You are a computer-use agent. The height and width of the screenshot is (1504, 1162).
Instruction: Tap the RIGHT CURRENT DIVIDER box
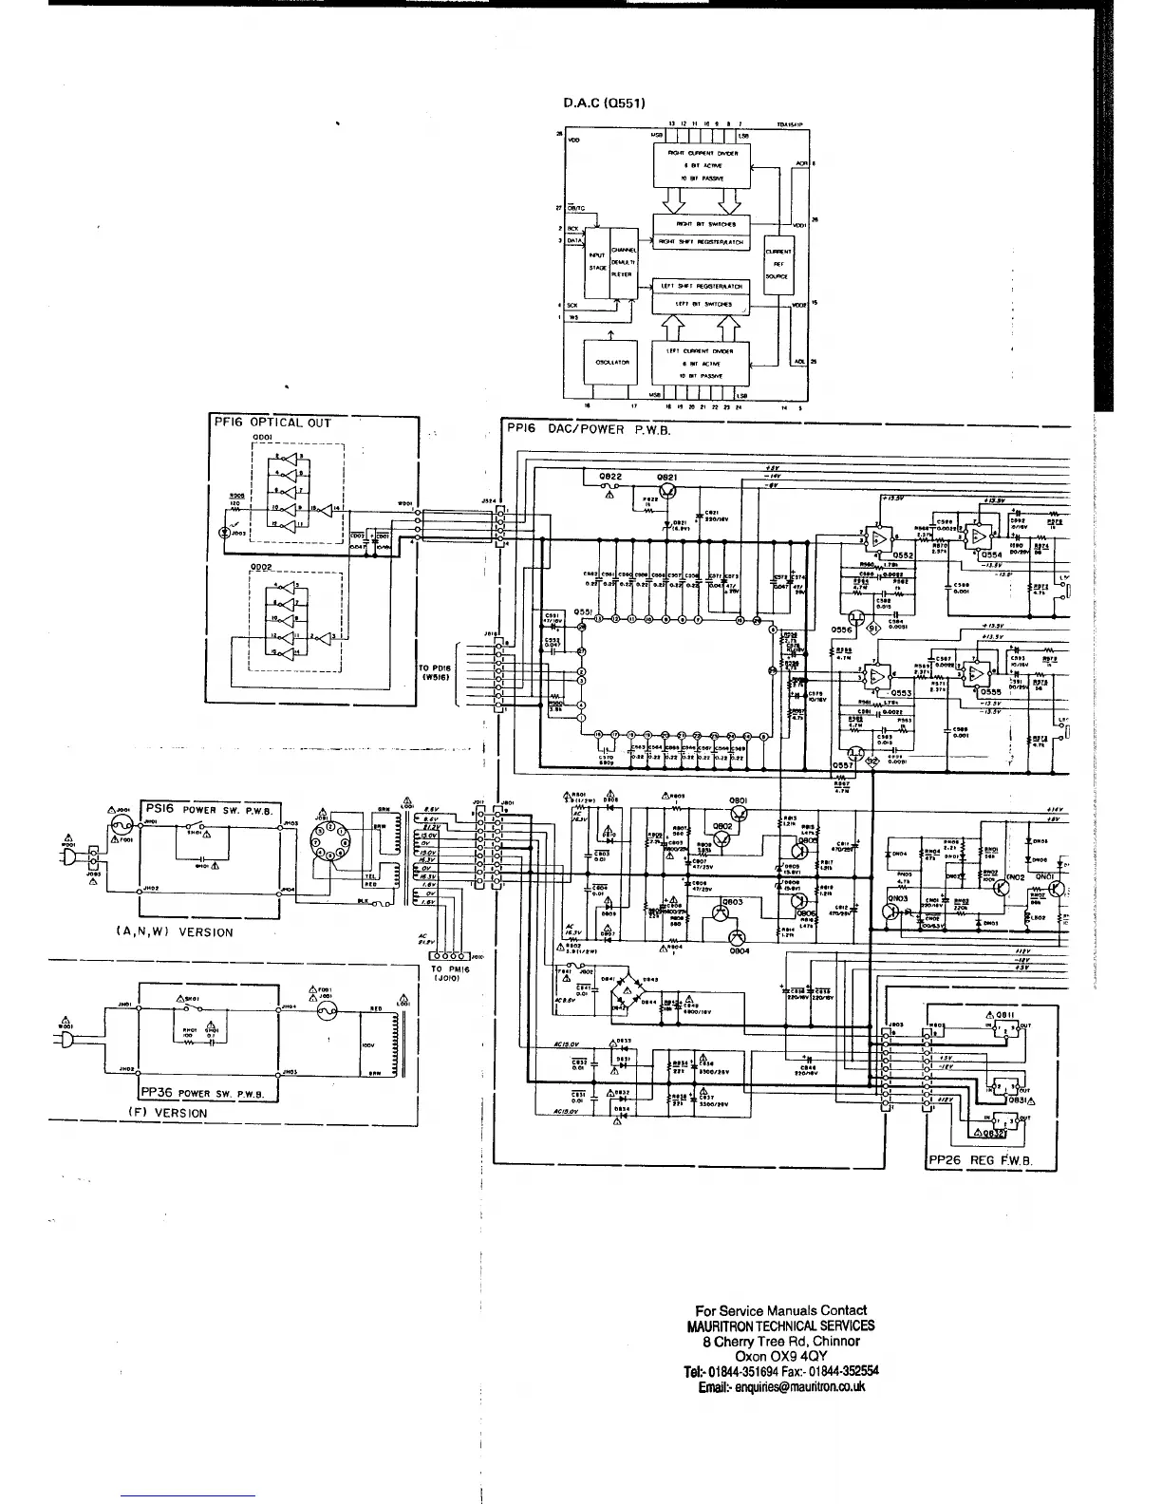click(x=702, y=166)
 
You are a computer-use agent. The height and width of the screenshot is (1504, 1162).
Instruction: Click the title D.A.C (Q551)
click(x=605, y=103)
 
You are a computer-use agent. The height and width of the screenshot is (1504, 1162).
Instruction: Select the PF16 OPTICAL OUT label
click(x=271, y=423)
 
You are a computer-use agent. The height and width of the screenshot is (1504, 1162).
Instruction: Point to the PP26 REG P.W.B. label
click(x=980, y=1161)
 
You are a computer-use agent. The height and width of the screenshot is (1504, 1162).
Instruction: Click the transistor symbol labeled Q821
click(x=668, y=491)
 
